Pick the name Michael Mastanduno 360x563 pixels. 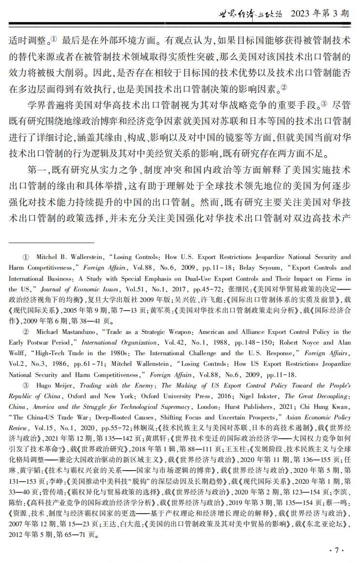[63, 332]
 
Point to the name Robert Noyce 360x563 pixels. [287, 343]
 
